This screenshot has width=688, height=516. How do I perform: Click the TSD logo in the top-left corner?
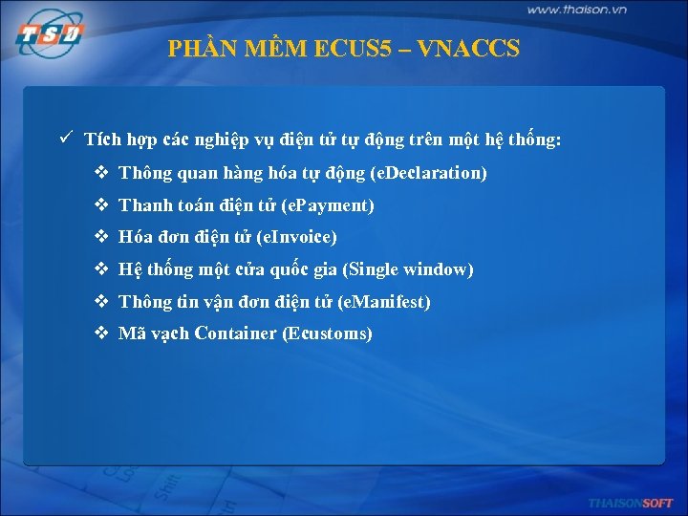(50, 36)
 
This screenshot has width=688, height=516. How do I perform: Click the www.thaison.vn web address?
(576, 10)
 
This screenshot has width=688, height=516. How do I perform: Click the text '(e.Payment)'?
(329, 205)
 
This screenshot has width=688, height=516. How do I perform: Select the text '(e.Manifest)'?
(384, 302)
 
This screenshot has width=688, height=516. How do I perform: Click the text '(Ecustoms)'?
(328, 333)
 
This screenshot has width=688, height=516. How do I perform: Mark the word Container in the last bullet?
(236, 333)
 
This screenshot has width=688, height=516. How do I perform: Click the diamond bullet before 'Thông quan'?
(101, 173)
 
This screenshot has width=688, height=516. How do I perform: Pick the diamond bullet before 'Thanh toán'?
(101, 205)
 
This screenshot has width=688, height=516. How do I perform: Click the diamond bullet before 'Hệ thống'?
(101, 269)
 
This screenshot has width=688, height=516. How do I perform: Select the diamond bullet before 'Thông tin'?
(101, 302)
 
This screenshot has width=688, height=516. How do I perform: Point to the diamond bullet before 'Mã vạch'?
(101, 333)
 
